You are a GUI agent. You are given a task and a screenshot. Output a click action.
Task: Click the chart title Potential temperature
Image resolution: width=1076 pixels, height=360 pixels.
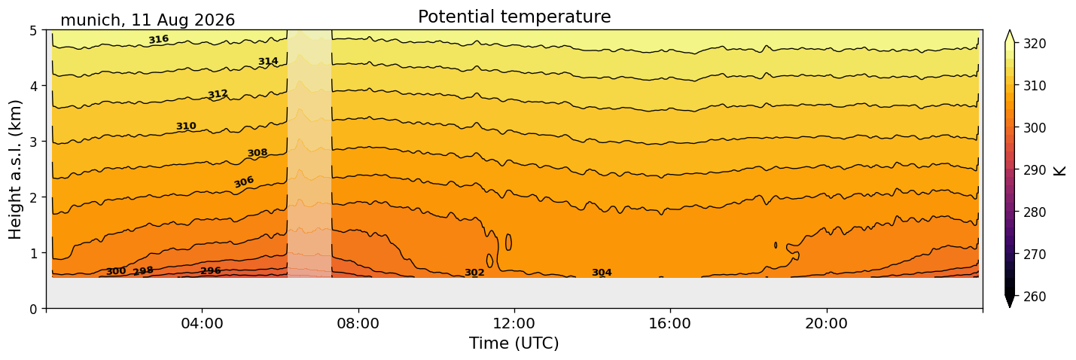click(x=514, y=17)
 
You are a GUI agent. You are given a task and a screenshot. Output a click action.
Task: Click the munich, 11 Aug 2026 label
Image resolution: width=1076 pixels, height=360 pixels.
click(x=148, y=20)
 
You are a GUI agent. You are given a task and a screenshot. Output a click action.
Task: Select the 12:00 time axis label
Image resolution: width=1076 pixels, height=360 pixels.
click(x=514, y=323)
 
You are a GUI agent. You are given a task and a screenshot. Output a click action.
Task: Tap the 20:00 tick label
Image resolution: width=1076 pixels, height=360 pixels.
click(x=826, y=323)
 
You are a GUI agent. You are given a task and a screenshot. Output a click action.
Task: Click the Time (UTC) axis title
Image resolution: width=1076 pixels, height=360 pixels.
click(x=514, y=343)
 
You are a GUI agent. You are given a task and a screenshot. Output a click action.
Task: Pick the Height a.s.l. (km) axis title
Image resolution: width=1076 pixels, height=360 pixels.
click(x=15, y=169)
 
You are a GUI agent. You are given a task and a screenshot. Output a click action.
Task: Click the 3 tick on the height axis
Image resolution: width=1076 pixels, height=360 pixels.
click(x=33, y=142)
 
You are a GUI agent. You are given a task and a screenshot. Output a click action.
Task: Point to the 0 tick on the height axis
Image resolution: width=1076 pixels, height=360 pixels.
click(x=33, y=309)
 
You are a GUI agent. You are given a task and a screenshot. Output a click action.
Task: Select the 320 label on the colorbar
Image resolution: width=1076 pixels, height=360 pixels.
click(x=1034, y=44)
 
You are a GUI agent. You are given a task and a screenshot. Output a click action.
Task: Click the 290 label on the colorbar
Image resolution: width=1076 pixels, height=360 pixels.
click(x=1034, y=170)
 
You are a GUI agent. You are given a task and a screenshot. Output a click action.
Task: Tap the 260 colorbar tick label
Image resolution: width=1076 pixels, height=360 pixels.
click(x=1034, y=297)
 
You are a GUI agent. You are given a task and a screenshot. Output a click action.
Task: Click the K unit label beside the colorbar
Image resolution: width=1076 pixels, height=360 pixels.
click(x=1059, y=171)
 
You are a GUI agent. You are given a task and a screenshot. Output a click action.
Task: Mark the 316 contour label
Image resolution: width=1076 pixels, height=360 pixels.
click(x=159, y=39)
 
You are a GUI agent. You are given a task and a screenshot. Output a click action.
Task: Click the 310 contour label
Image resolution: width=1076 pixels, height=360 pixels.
click(x=186, y=126)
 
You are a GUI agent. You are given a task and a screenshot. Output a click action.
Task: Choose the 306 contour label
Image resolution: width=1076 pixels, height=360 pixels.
click(x=244, y=182)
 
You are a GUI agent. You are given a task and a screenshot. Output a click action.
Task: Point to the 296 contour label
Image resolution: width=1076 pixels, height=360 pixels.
click(x=210, y=270)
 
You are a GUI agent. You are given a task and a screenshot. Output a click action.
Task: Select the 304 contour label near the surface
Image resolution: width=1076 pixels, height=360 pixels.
click(x=602, y=273)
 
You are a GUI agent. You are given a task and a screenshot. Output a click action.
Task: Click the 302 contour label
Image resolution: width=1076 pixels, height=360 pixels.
click(x=474, y=273)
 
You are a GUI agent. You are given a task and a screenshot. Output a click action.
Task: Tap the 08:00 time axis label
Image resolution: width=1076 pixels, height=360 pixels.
click(x=358, y=323)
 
